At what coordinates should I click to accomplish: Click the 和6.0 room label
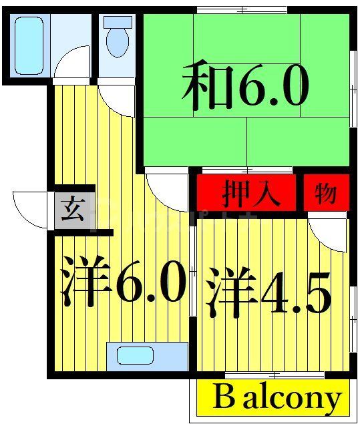point(246,87)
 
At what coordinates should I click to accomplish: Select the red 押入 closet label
point(246,194)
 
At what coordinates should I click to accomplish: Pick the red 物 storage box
point(325,194)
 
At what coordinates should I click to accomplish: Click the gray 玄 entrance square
point(71,211)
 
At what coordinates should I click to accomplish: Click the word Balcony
point(277,398)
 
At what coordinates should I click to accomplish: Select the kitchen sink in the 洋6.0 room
point(136,355)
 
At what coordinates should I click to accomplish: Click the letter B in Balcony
point(224,398)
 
